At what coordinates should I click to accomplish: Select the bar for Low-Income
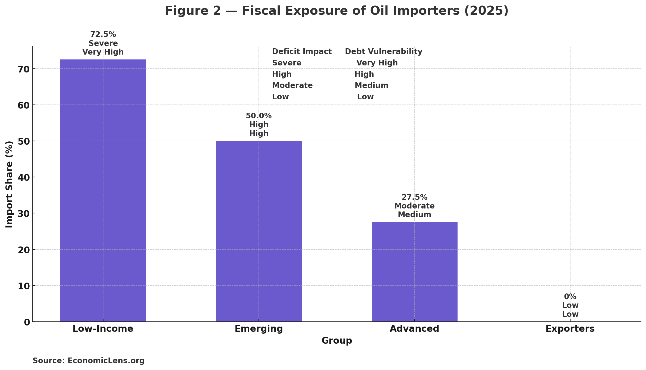[103, 190]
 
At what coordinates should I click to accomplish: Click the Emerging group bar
[259, 231]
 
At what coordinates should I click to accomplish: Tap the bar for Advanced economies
[414, 271]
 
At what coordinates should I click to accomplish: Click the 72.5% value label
[103, 34]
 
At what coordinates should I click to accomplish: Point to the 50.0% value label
[259, 116]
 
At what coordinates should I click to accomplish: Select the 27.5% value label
[414, 197]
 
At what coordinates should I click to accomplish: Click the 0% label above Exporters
[570, 297]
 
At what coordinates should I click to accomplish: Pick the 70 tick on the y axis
[24, 69]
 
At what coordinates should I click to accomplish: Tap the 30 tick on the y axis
[24, 214]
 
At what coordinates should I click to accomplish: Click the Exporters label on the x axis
[570, 329]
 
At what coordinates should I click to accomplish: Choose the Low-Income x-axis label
[103, 329]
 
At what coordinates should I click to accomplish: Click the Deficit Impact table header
[302, 52]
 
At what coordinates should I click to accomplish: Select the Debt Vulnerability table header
[383, 52]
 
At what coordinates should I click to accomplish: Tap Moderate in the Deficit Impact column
[292, 86]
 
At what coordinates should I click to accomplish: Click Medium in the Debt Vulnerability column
[371, 86]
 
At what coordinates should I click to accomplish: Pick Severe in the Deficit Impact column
[286, 63]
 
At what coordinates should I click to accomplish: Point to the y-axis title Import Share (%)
[10, 184]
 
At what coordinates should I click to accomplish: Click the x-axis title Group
[336, 341]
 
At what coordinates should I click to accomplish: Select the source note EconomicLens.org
[106, 361]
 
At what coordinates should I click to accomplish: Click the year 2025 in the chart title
[486, 11]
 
